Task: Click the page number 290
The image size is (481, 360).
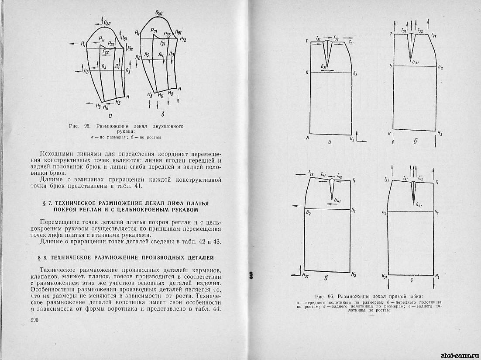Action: [35, 321]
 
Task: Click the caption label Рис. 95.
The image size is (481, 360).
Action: [79, 126]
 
